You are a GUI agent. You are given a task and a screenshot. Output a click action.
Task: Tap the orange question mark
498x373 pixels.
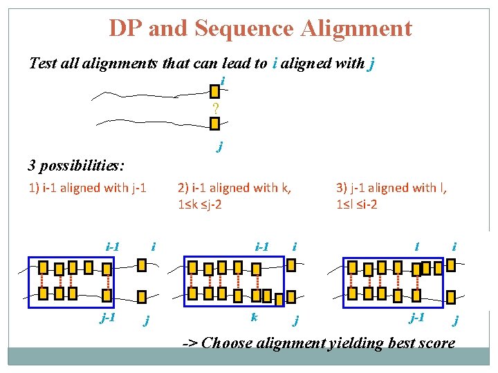click(215, 108)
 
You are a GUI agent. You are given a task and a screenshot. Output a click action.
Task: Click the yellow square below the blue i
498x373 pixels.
click(214, 91)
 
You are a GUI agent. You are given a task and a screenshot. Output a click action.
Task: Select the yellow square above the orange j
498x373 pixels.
click(214, 124)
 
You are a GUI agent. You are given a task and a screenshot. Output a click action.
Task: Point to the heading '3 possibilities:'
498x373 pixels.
click(76, 165)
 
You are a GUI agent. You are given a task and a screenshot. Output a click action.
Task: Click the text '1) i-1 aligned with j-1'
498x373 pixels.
click(87, 187)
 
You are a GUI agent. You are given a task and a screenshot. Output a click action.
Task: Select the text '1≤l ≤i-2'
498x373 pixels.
click(357, 205)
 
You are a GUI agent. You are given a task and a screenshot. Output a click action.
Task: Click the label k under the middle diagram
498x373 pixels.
click(255, 317)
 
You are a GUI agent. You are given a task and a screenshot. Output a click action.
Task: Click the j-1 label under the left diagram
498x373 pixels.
click(107, 318)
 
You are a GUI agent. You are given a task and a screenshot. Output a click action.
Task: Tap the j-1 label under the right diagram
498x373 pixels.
click(417, 317)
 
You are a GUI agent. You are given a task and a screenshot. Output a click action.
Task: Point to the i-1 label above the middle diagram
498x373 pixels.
click(261, 246)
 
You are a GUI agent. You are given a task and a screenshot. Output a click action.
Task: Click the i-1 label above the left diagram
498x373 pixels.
click(113, 246)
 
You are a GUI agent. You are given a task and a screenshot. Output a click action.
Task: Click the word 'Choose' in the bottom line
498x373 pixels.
click(228, 343)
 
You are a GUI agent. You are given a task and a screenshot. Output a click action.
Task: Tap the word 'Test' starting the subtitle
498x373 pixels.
click(43, 64)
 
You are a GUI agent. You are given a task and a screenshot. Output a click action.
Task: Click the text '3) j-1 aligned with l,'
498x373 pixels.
click(391, 187)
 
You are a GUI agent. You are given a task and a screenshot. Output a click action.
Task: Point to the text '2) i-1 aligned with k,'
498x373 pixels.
click(234, 187)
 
